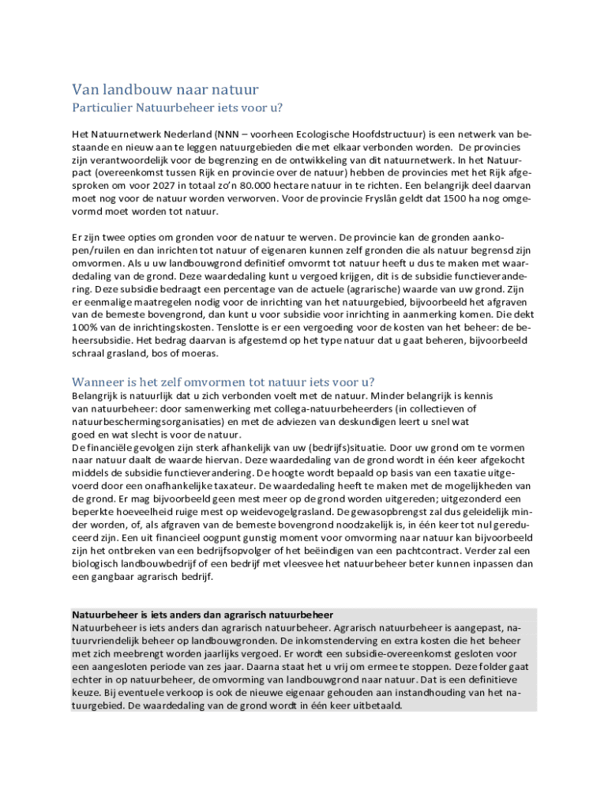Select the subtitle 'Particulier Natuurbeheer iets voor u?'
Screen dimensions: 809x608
tap(178, 108)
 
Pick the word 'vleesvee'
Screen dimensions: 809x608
tap(323, 563)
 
